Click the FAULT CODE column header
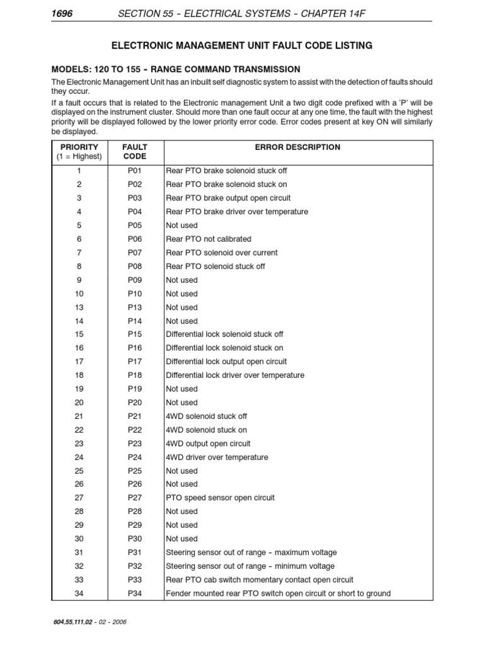135,152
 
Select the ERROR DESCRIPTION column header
297,147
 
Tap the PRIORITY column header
79,152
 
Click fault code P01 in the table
135,171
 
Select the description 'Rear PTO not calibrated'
208,239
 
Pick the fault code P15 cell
135,334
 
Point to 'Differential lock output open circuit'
226,362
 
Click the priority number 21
79,416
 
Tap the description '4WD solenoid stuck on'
206,430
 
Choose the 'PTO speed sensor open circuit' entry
220,498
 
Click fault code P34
135,593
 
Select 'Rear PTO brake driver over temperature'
236,212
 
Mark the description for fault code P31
251,552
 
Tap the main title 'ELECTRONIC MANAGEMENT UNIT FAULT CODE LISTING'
241,45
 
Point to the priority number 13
79,307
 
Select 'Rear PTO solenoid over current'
221,253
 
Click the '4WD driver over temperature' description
216,457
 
